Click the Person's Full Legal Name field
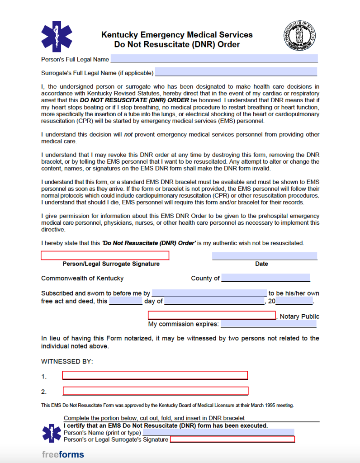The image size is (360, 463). pos(214,59)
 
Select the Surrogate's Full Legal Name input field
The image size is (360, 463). pos(236,72)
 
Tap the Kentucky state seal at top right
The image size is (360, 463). pos(301,37)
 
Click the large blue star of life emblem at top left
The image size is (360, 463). pos(57,37)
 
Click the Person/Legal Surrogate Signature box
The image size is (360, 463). pos(105,256)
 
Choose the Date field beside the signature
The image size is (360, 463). pos(265,256)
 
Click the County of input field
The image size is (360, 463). pos(265,278)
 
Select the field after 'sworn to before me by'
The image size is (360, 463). pos(209,293)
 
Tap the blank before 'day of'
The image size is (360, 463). pos(126,301)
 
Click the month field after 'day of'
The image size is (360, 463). pos(214,301)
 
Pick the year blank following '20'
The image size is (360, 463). pos(294,301)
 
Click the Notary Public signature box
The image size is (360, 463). pos(212,316)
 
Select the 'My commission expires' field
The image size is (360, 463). pos(268,324)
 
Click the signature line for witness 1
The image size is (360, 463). pos(155,375)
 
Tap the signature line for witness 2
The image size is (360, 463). pos(155,391)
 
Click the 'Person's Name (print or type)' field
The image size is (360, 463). pos(218,432)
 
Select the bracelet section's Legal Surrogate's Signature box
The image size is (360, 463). pos(232,439)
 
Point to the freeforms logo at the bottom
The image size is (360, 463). pos(63,454)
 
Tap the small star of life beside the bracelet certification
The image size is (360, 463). pos(52,433)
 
